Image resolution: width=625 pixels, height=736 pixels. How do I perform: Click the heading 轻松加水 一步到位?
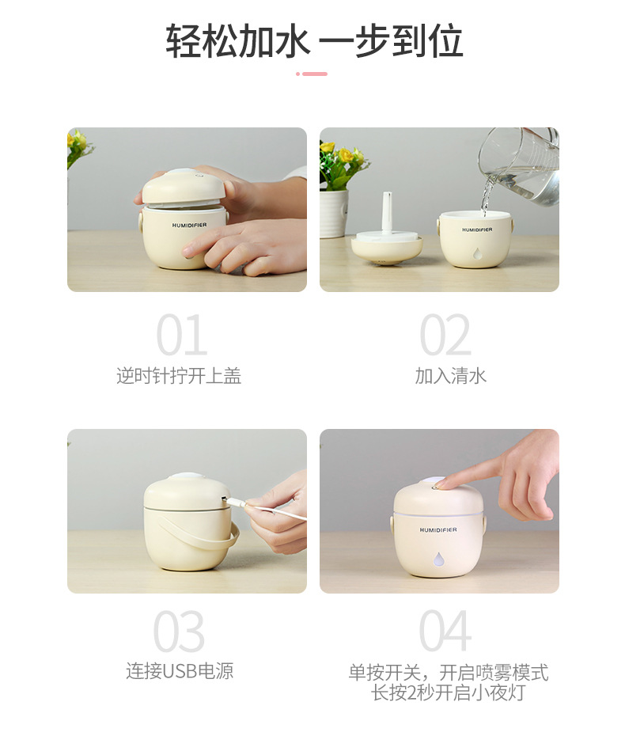click(314, 41)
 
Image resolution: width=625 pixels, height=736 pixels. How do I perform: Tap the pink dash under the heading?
click(312, 74)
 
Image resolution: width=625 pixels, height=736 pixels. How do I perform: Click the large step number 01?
click(182, 336)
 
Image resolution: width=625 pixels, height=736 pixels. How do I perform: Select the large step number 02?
click(445, 336)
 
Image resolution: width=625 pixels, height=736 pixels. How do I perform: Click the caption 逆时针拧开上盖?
click(179, 376)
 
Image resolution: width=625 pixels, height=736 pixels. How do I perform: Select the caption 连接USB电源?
click(180, 671)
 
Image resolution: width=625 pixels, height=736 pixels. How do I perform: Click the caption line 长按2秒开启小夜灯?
click(448, 692)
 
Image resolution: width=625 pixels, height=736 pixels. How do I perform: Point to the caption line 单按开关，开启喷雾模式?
click(448, 673)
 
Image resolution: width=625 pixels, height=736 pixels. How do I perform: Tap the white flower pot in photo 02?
click(333, 213)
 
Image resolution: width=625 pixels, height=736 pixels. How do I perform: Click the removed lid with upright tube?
click(387, 241)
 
